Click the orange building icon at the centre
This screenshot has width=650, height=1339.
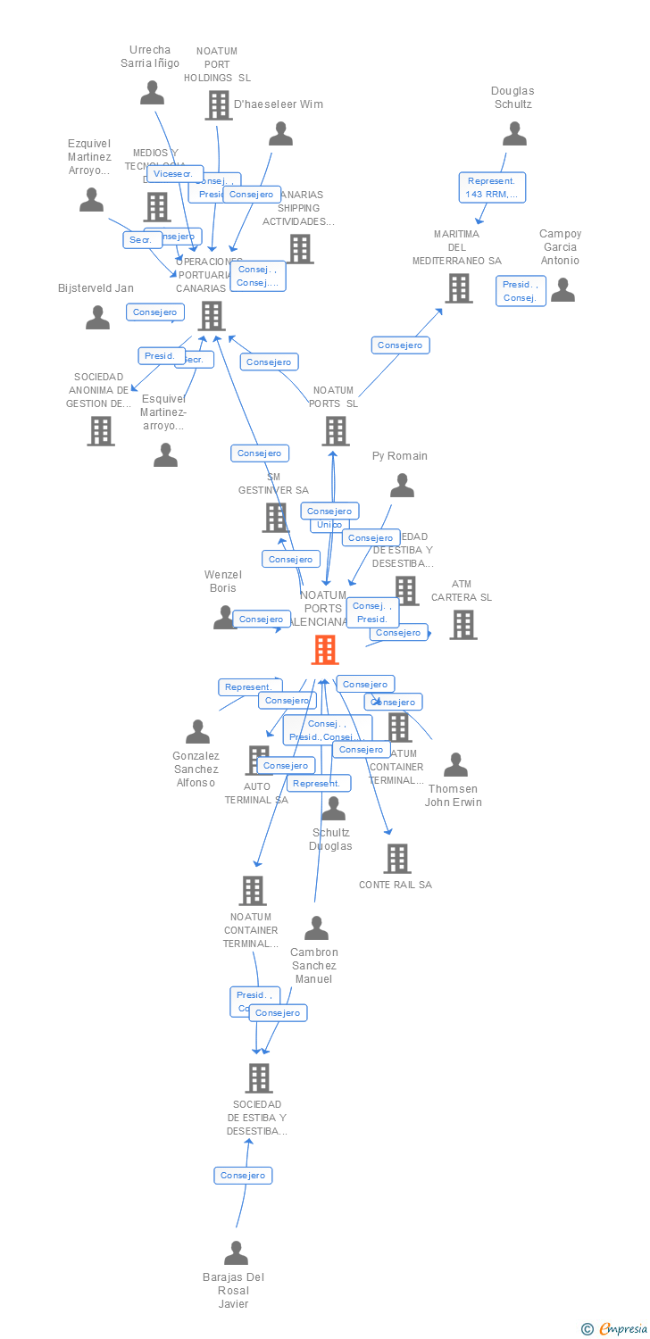tap(325, 650)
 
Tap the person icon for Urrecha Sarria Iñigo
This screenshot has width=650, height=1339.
tap(153, 93)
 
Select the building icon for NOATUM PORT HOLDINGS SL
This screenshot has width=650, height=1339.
tap(219, 105)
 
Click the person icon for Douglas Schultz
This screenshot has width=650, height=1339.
tap(514, 134)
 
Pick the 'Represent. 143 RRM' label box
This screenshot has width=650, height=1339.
tap(492, 187)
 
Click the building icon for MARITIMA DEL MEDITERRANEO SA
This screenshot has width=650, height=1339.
tap(459, 288)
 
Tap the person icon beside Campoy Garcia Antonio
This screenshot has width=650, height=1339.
tap(562, 290)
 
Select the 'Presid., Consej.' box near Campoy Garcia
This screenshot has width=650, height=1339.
tap(521, 291)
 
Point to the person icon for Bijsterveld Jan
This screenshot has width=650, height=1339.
tap(97, 318)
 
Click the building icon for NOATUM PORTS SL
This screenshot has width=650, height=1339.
tap(336, 431)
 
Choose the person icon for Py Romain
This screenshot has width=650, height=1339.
tap(403, 486)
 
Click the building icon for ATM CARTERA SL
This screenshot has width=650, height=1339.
tap(463, 625)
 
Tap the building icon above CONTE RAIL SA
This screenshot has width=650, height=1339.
tap(397, 859)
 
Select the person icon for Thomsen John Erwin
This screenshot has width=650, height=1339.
tap(456, 765)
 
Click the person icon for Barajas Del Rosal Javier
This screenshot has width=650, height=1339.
tap(236, 1253)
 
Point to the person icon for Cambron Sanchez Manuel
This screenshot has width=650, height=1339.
tap(316, 928)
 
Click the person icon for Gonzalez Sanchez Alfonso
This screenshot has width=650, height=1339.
tap(197, 732)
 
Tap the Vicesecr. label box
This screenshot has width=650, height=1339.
tap(175, 174)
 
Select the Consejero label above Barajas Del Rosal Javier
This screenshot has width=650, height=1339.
tap(243, 1176)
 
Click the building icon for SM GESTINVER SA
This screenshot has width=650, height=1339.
tap(276, 518)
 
